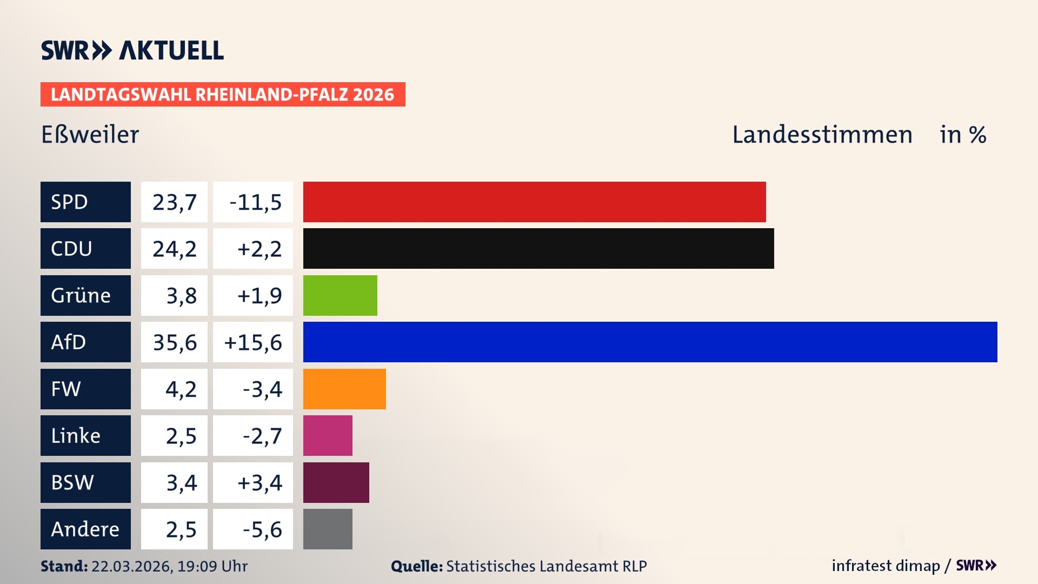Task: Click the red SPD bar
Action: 534,202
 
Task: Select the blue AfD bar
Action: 650,342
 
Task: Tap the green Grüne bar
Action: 340,295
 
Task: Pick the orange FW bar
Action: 344,389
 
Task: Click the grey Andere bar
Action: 328,529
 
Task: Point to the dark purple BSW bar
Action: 336,482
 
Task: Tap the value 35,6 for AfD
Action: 175,342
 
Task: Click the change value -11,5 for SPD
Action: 255,202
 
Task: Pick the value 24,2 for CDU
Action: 175,249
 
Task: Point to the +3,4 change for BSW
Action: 259,482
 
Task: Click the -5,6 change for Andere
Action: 262,529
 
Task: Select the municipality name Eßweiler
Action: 90,135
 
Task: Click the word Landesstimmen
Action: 822,135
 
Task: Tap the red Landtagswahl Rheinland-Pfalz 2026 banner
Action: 223,95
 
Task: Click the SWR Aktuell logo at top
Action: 132,50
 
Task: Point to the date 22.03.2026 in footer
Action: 131,566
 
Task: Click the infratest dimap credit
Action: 886,566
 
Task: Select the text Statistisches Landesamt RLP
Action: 546,566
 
